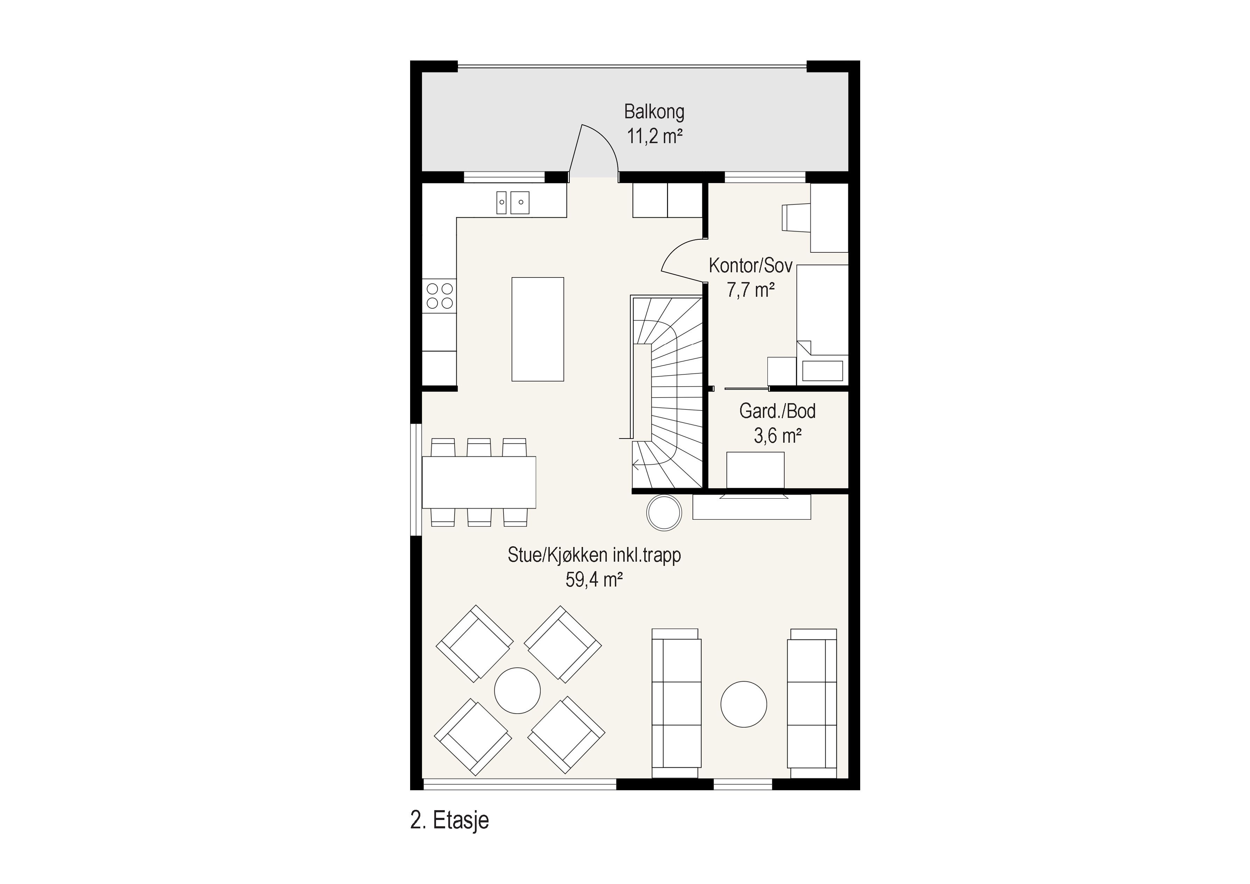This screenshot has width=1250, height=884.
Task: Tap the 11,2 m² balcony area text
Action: (654, 136)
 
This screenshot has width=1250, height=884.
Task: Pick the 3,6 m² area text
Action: (778, 435)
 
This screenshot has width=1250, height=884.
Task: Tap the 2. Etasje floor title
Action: (450, 820)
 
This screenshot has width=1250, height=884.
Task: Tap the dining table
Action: (479, 482)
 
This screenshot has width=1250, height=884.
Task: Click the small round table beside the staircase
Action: (663, 512)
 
